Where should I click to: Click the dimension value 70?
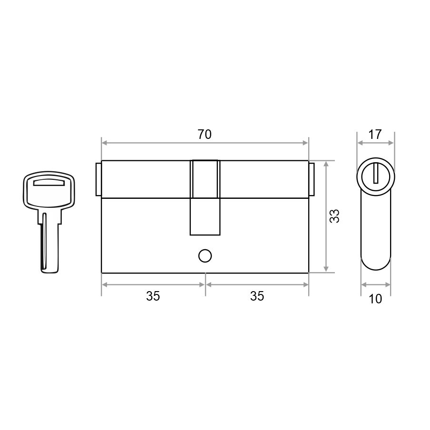[205, 135]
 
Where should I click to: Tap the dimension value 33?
[334, 216]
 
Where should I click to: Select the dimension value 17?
[375, 135]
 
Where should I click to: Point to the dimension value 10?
[375, 299]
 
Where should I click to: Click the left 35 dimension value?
[153, 296]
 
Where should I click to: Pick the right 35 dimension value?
[257, 296]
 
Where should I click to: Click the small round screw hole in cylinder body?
[205, 256]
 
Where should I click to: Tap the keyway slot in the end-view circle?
[376, 173]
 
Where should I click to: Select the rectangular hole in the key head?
[49, 182]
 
